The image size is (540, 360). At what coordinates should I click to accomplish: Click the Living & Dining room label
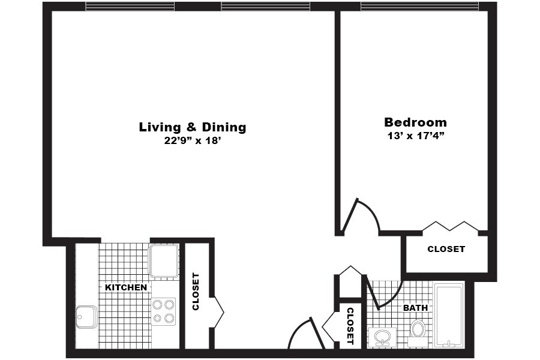(193, 127)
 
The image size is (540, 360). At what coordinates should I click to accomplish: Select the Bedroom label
(415, 122)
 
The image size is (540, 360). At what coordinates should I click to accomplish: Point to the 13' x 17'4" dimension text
(415, 136)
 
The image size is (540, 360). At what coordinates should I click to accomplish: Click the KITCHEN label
(126, 287)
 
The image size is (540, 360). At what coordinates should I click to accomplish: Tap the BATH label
(415, 308)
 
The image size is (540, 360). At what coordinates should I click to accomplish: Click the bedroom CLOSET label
(446, 249)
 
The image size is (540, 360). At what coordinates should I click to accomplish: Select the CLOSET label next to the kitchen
(196, 292)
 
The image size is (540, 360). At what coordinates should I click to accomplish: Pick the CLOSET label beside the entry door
(350, 325)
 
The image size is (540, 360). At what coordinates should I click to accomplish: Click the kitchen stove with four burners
(163, 311)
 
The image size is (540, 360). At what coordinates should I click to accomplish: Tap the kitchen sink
(86, 317)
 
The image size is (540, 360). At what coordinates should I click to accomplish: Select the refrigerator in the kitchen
(164, 260)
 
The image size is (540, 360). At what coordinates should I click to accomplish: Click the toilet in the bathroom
(418, 329)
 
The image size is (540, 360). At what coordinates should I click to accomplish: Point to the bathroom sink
(382, 338)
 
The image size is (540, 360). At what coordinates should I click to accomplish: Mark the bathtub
(448, 315)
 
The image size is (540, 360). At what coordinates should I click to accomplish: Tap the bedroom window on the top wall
(419, 7)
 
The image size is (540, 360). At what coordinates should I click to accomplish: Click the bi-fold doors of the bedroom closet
(450, 226)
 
